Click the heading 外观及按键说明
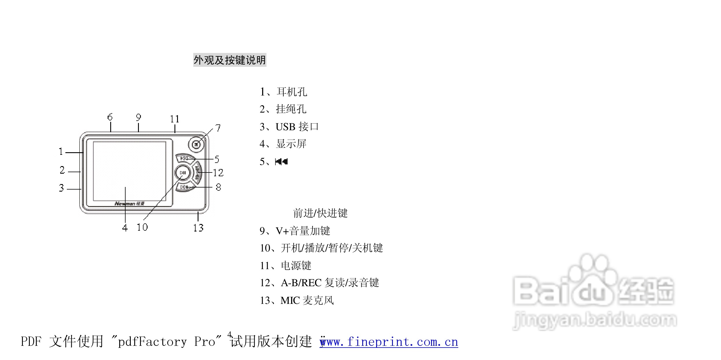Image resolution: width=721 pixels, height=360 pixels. click(x=229, y=60)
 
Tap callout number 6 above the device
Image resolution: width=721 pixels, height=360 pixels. click(x=110, y=117)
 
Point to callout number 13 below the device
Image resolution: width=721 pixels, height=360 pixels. click(x=198, y=228)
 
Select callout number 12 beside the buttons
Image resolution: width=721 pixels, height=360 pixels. click(x=218, y=173)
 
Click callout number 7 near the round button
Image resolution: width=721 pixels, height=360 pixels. click(x=218, y=128)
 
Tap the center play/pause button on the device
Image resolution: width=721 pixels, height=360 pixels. click(x=183, y=173)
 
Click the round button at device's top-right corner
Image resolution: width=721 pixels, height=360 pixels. click(x=196, y=144)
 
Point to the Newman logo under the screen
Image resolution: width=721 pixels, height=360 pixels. click(x=129, y=203)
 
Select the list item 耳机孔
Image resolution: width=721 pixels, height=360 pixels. click(x=292, y=92)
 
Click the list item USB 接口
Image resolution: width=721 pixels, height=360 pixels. click(x=297, y=127)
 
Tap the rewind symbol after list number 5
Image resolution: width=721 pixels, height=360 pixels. click(x=281, y=161)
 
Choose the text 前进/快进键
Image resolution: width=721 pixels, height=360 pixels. click(x=320, y=213)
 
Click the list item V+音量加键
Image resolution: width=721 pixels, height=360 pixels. click(x=303, y=231)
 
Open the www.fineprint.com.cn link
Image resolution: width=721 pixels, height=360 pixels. click(x=389, y=342)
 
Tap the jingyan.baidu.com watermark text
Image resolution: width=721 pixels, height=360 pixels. click(x=594, y=320)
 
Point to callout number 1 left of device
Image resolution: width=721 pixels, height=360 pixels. click(x=61, y=152)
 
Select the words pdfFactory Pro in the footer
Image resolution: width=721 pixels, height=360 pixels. click(x=167, y=342)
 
